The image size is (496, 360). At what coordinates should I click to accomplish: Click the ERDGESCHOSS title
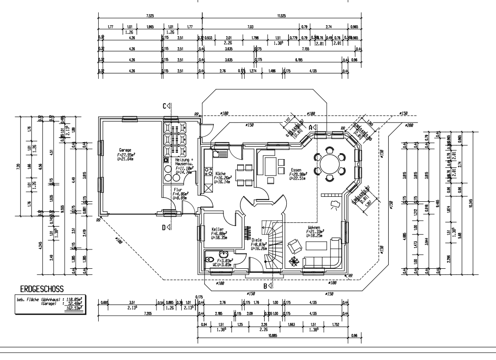41,288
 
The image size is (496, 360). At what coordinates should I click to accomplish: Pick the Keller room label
217,229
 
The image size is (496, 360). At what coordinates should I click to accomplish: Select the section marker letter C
164,106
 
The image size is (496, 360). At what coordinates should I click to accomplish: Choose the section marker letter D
164,227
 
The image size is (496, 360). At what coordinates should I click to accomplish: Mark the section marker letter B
265,286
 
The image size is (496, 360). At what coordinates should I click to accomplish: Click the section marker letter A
310,127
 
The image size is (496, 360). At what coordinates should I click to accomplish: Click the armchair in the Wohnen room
292,246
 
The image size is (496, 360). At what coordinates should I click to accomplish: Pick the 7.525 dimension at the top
150,16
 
